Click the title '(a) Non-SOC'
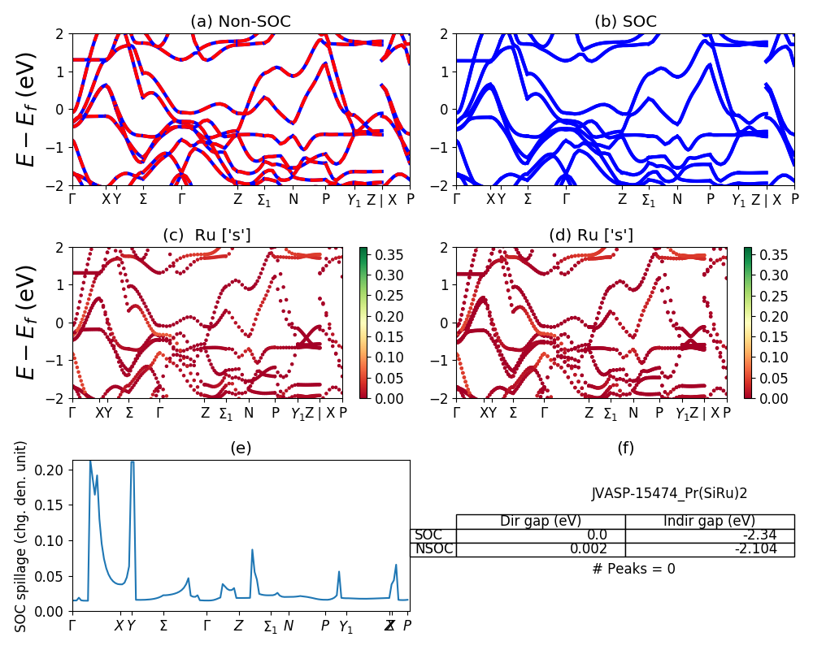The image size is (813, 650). tap(240, 22)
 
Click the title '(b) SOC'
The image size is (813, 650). tap(625, 22)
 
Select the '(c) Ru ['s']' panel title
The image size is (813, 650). tap(207, 236)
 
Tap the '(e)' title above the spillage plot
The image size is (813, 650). tap(241, 448)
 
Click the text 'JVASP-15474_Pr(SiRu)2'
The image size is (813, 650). tap(669, 493)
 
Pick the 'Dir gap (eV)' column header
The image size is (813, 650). tap(541, 522)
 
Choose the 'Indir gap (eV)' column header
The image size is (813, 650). tap(710, 522)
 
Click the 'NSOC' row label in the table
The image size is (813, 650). tap(433, 549)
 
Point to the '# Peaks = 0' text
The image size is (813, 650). tap(633, 569)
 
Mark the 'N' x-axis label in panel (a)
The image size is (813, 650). tap(293, 199)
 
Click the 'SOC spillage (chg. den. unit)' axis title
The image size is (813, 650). tap(22, 536)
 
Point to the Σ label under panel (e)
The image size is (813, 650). tap(163, 626)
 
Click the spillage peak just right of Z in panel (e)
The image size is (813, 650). tap(252, 550)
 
